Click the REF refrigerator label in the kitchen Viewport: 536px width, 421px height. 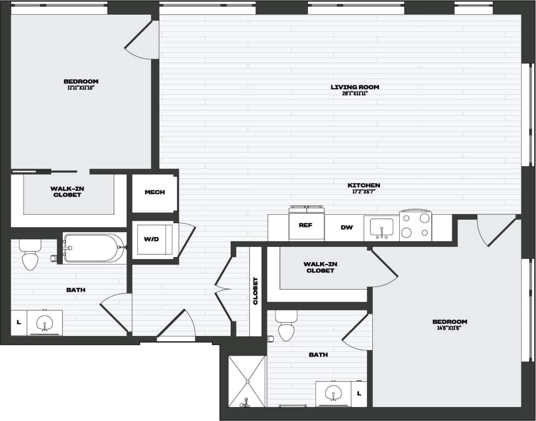coord(305,225)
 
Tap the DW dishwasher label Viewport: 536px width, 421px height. coord(346,227)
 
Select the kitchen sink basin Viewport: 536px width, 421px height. coord(382,228)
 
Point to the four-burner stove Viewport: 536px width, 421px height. coord(415,225)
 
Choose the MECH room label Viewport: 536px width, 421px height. coord(154,192)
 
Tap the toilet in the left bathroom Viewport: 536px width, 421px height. coord(30,258)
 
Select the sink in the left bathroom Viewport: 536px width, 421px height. coord(44,323)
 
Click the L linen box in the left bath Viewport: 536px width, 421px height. coord(19,323)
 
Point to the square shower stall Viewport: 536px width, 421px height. coord(247,381)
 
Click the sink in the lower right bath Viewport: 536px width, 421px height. coord(334,393)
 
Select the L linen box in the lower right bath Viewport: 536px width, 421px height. coord(359,393)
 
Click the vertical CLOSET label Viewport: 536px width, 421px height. coord(255,291)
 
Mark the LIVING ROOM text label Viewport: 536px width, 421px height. coord(355,87)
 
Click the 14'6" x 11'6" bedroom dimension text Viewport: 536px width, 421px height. coord(450,328)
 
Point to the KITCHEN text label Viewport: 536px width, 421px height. coord(364,185)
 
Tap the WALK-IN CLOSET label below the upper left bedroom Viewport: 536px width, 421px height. coord(66,192)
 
